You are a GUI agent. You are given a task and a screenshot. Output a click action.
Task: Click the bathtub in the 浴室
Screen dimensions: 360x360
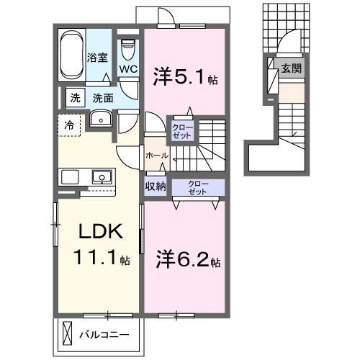[72, 55]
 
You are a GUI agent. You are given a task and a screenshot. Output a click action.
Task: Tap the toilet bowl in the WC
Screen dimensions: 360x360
[129, 50]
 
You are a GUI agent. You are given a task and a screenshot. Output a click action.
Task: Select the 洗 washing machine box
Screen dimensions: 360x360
[75, 98]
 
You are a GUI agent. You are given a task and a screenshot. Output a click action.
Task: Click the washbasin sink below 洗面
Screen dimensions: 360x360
[101, 119]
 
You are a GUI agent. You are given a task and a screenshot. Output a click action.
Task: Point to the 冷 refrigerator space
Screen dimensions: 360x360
[69, 125]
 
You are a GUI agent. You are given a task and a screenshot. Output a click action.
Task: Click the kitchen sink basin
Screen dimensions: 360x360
[102, 177]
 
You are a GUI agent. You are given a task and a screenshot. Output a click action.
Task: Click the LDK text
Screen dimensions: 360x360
[101, 231]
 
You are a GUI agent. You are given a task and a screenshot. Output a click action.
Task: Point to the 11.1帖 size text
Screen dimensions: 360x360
[102, 257]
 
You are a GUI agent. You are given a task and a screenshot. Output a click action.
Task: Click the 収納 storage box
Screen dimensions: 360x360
[156, 186]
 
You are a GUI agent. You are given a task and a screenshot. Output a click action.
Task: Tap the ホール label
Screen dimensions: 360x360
[157, 156]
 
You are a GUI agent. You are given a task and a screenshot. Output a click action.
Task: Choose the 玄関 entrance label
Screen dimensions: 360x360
[291, 68]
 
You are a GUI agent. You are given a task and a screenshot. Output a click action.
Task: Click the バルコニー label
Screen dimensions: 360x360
[104, 334]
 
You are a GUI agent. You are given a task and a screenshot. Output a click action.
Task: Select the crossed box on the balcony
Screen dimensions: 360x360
[67, 333]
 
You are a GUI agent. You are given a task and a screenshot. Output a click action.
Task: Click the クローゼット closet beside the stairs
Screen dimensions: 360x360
[182, 132]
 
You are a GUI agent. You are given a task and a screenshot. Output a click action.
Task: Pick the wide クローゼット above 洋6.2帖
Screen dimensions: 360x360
[198, 187]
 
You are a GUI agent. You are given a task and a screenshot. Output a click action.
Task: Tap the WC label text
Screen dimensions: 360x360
[128, 69]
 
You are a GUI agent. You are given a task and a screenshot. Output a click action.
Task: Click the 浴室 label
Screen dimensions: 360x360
[97, 58]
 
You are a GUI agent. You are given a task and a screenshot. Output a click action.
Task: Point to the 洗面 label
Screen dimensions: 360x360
[103, 98]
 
